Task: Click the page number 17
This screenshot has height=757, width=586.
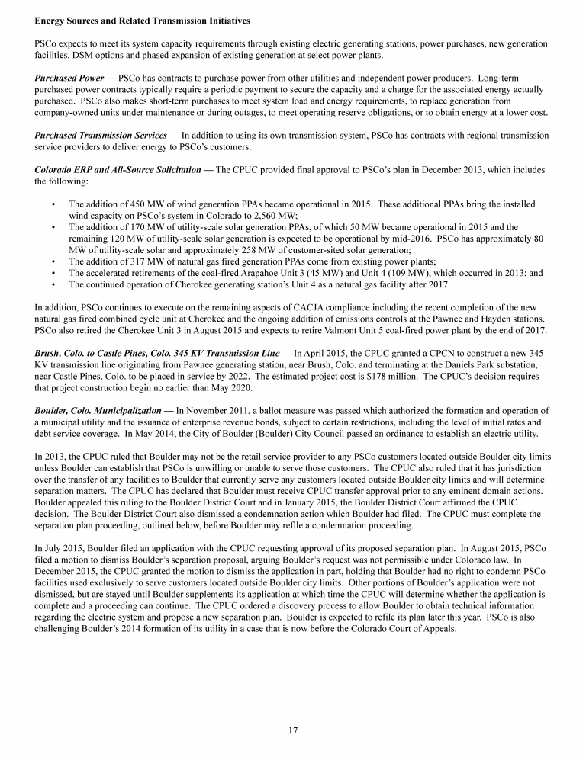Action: click(x=293, y=730)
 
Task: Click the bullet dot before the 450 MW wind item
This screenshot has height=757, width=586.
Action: click(x=53, y=204)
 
